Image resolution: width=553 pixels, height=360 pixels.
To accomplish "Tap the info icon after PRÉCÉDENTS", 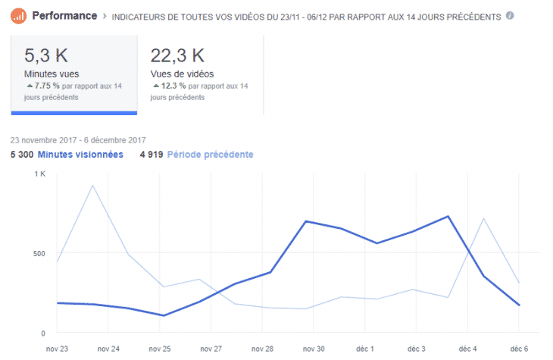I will coord(510,15).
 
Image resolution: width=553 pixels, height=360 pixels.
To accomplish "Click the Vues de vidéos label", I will coord(182,74).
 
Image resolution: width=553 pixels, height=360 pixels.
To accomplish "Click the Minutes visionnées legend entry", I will coord(80,155).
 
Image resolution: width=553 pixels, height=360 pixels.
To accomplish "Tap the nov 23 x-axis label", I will coord(58,349).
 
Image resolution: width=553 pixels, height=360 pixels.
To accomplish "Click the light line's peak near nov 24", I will coord(92,185).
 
